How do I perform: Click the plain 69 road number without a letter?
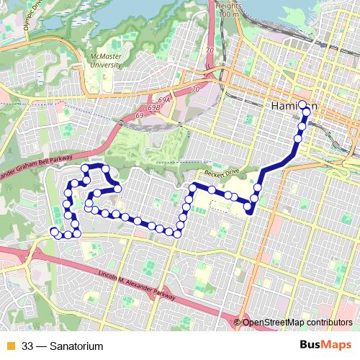(x=140, y=114)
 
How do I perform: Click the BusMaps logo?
(x=325, y=346)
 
